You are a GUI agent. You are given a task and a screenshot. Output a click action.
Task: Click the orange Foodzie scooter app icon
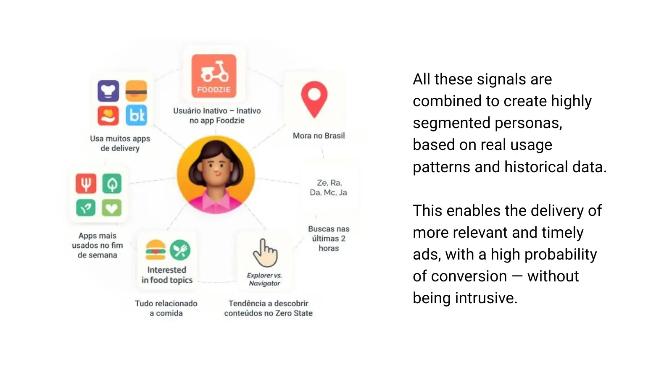(214, 76)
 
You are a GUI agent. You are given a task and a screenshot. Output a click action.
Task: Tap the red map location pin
(314, 99)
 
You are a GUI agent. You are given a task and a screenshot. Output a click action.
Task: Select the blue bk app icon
(136, 115)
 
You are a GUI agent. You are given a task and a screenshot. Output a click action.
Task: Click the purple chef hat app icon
(108, 91)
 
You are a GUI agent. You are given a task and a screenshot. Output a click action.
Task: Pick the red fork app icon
(86, 184)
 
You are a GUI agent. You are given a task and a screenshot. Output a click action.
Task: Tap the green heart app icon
(111, 207)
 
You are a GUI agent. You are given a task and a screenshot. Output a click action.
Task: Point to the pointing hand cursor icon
(265, 253)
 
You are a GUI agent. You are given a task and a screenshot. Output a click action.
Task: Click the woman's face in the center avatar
(216, 172)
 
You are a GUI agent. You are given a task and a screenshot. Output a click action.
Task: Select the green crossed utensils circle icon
(180, 250)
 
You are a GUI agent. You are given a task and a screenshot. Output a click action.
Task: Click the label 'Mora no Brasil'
(319, 136)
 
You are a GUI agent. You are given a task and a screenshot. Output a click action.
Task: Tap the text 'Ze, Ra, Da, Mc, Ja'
(329, 187)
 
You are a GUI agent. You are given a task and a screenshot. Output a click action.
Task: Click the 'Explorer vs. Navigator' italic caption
(264, 279)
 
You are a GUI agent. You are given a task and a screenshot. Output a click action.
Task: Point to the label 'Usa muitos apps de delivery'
(120, 143)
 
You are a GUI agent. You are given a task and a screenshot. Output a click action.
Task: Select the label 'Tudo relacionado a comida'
(166, 308)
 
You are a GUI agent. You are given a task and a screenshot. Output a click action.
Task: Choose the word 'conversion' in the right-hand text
(469, 276)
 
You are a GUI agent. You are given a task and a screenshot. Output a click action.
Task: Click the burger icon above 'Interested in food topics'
(155, 250)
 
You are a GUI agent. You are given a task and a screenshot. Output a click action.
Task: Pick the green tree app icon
(112, 184)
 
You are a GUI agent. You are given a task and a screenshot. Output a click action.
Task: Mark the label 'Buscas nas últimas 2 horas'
(329, 239)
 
